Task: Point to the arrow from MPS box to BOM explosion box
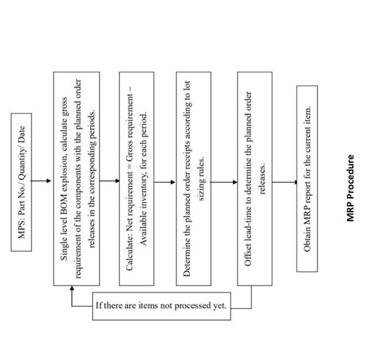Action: pos(42,181)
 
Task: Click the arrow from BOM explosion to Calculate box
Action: pos(109,181)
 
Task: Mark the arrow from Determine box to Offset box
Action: pos(224,182)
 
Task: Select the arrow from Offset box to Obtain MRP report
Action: pos(284,182)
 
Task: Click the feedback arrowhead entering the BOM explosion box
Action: pos(72,289)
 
